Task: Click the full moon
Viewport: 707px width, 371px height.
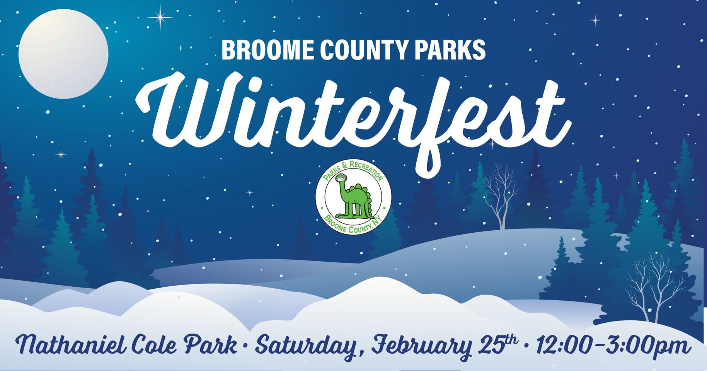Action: point(63,54)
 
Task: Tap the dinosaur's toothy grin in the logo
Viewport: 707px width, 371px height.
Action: point(341,178)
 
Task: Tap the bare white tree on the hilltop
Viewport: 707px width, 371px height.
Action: point(501,197)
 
